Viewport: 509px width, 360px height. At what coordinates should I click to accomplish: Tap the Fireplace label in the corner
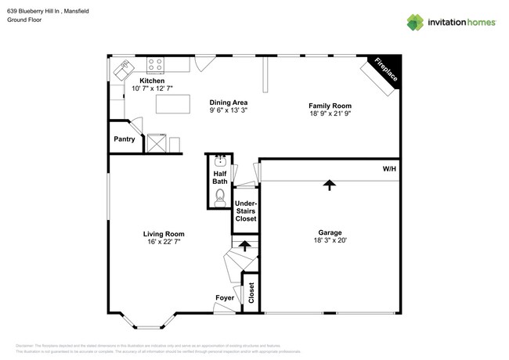(385, 70)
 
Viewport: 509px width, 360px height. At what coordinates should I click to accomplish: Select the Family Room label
(330, 106)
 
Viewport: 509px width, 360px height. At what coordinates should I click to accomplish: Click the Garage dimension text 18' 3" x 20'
(330, 241)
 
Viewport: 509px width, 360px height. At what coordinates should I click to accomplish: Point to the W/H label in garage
(389, 169)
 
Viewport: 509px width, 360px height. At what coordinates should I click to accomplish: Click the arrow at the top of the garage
(330, 185)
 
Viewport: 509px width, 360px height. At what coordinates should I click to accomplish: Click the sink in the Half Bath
(219, 161)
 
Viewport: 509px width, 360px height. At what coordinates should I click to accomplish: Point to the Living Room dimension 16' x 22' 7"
(164, 242)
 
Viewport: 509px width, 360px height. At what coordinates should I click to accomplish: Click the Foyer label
(225, 298)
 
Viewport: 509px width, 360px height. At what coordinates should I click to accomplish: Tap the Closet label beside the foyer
(251, 293)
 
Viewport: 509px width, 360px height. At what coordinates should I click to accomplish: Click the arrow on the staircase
(245, 246)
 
